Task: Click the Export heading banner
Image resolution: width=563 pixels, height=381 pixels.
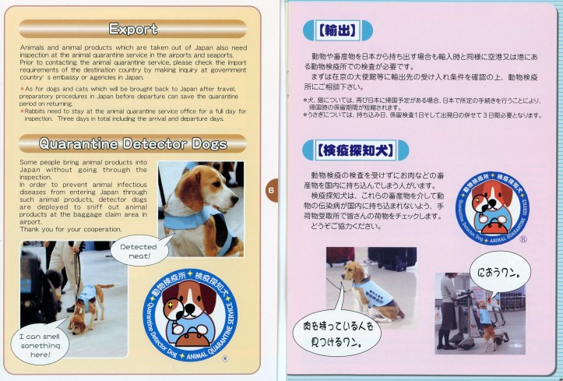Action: (x=133, y=29)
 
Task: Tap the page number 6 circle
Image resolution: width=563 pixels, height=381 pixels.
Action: (x=272, y=189)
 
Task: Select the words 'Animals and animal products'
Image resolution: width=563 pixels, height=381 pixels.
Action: (x=59, y=48)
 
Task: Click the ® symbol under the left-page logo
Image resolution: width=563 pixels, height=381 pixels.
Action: (x=224, y=359)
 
